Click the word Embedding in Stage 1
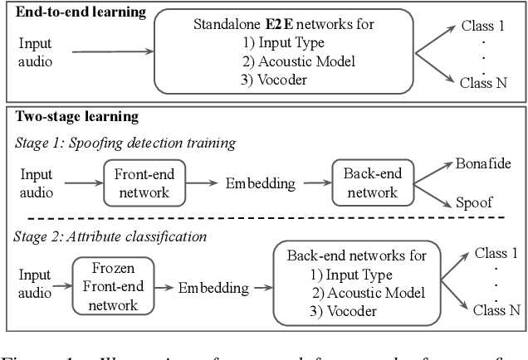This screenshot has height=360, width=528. point(254,182)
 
